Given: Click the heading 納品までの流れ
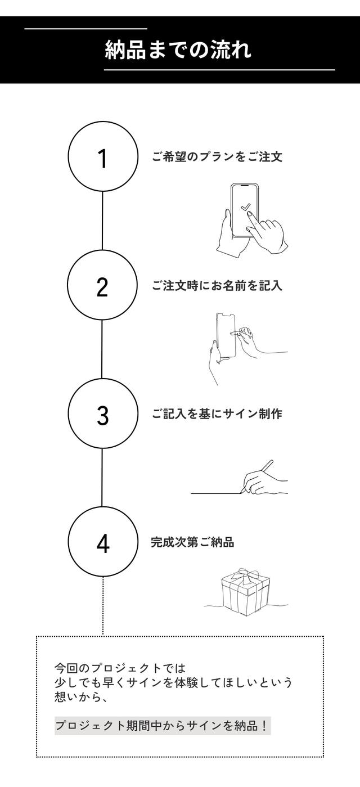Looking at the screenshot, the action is [178, 50].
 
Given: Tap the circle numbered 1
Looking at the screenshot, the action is [102, 122].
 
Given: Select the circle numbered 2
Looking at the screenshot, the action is [102, 250].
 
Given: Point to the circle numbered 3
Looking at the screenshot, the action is [102, 379].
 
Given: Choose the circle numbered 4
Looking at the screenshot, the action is [103, 507].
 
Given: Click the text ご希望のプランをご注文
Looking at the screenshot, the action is [217, 157].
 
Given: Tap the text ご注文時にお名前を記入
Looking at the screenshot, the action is [217, 285].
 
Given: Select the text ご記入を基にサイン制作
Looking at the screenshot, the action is [217, 414].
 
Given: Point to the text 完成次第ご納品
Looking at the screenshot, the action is [192, 542].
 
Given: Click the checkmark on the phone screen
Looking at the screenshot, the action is [245, 207].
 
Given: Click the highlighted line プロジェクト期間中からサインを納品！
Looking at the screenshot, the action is [162, 725].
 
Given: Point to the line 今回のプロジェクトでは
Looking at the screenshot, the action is [120, 668].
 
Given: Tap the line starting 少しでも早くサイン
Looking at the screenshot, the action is [173, 682].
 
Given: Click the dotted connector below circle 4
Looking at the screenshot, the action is [103, 606].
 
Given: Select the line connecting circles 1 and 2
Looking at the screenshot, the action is [102, 221].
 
